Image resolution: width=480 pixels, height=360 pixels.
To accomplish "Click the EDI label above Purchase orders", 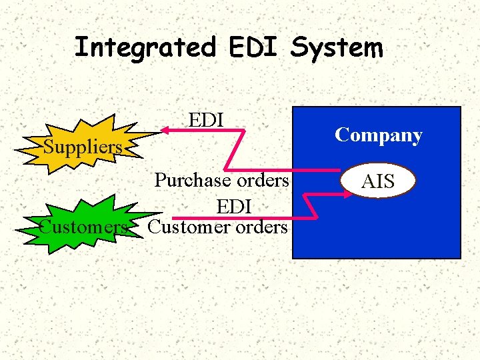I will click(206, 120).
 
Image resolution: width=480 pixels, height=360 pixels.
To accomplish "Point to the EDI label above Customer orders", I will click(233, 207).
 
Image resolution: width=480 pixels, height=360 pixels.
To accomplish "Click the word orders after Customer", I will click(261, 227).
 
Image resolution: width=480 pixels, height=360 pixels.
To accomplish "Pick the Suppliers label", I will click(83, 146).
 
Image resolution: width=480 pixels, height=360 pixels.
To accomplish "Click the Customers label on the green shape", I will click(83, 227).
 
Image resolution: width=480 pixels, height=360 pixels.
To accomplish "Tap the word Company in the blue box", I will click(378, 135).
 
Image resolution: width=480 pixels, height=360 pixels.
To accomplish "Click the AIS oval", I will click(377, 181).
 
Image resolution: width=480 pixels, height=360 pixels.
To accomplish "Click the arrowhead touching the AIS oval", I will click(349, 194).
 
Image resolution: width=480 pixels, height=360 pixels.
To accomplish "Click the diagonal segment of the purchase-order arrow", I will click(235, 149).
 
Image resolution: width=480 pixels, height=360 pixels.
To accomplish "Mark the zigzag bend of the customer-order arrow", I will click(310, 206).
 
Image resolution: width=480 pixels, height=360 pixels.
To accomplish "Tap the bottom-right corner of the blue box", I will click(459, 257).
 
